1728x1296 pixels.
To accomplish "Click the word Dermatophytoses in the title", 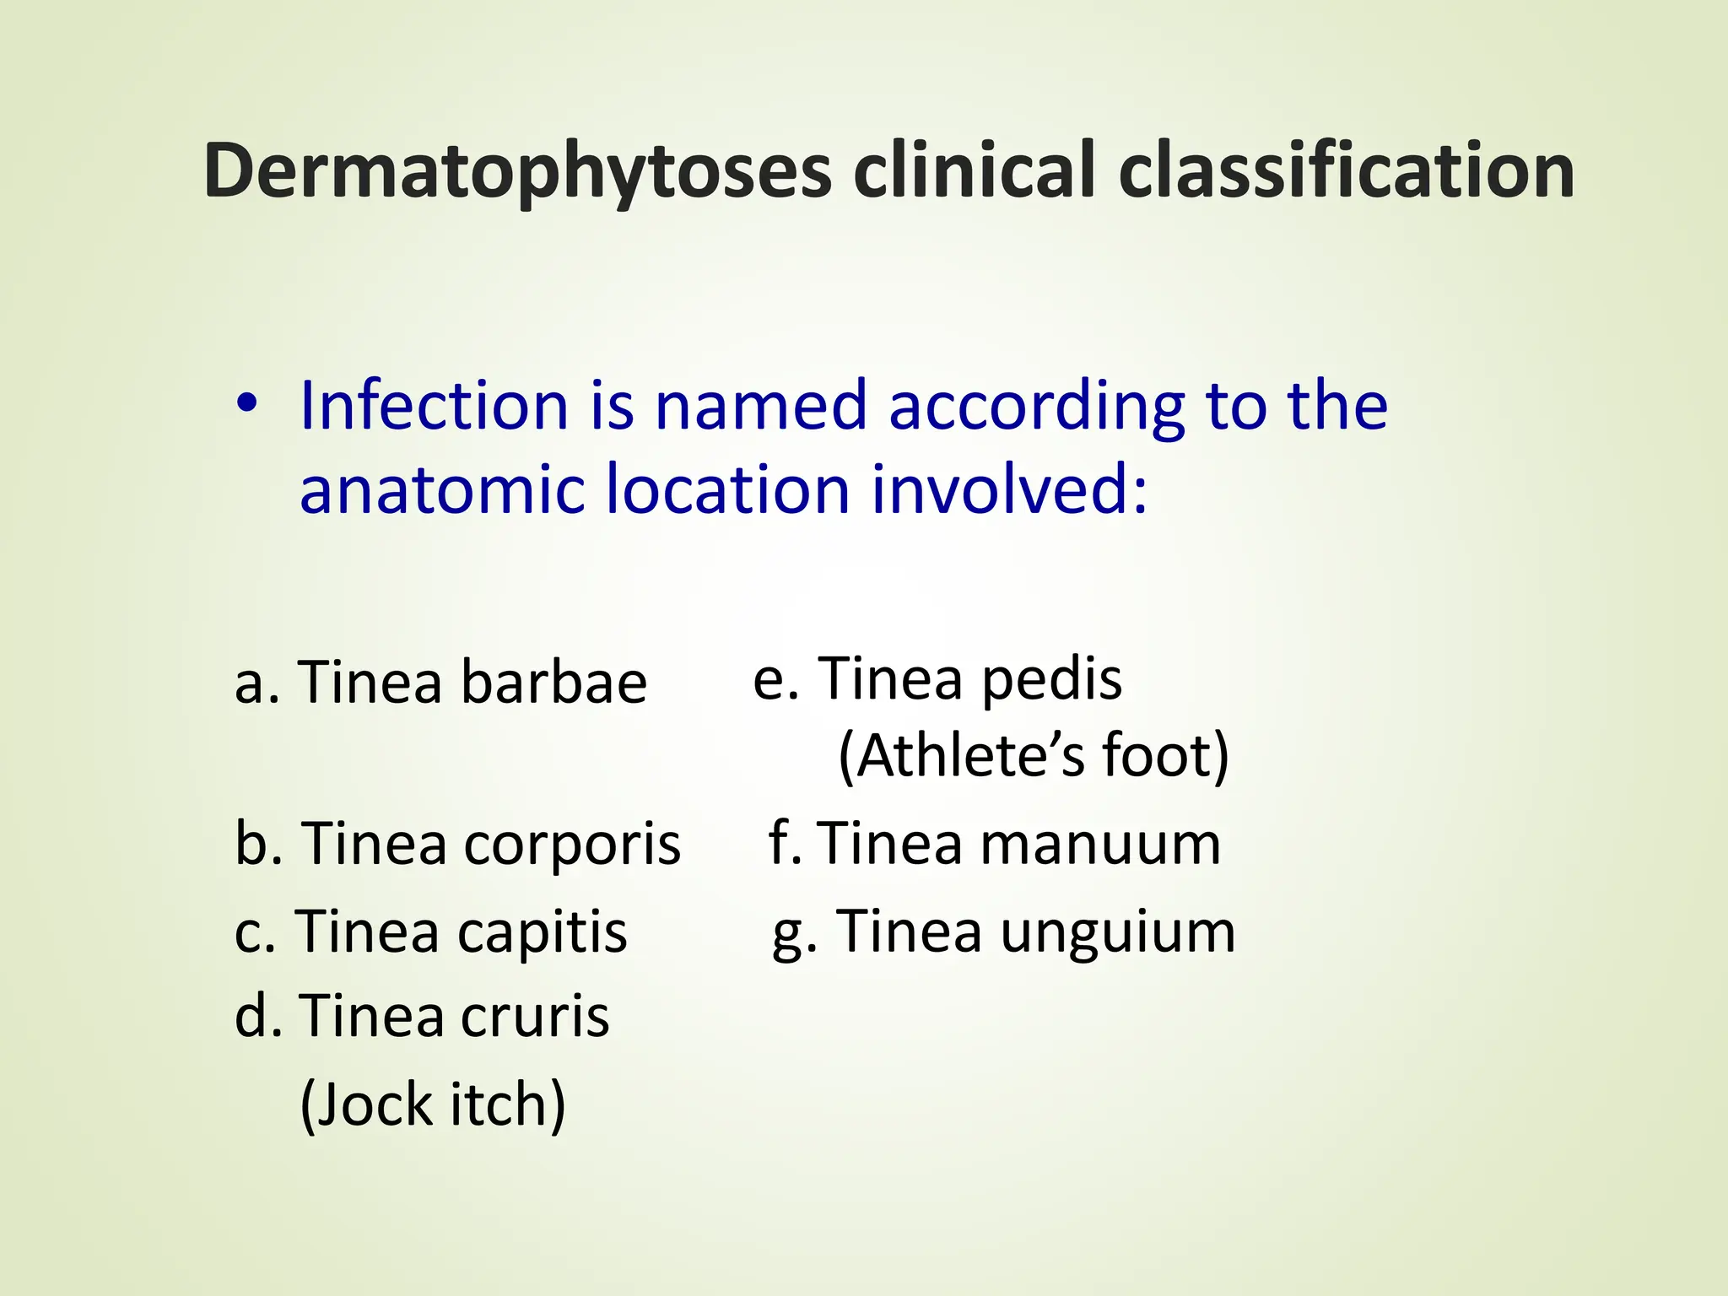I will (517, 171).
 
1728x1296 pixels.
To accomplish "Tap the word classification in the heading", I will (1347, 171).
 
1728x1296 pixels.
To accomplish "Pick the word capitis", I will (542, 932).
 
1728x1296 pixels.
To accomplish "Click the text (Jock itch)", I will (433, 1104).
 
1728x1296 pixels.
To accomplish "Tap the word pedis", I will (1052, 679).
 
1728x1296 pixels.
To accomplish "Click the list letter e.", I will (769, 680).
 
